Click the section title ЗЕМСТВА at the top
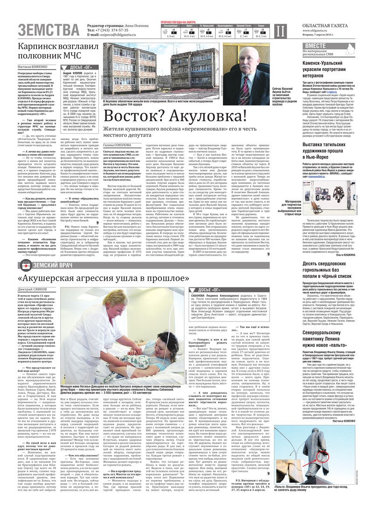click(49, 30)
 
